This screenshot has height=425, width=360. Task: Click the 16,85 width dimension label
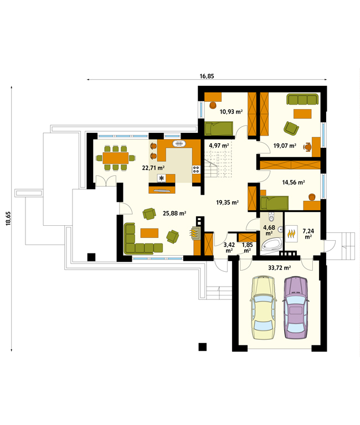point(207,76)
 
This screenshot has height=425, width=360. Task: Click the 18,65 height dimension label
point(8,219)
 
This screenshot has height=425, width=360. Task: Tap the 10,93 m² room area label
point(231,111)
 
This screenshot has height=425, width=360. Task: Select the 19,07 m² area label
point(285,146)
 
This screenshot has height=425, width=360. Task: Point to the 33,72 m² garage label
point(280,268)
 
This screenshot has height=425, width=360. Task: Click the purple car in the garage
point(296,307)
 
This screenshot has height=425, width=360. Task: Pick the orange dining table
point(115,158)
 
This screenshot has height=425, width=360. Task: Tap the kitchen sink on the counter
point(179,143)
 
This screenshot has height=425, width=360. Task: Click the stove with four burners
point(196,170)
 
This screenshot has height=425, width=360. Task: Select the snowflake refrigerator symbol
point(162,178)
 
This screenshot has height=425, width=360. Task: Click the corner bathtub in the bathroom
point(271,245)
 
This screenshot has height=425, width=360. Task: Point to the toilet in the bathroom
point(271,217)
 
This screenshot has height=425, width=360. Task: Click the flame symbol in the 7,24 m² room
point(291,234)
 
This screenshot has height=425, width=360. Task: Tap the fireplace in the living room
point(196,232)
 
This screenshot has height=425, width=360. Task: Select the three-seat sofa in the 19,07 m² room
point(302,99)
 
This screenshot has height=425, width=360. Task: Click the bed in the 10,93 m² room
point(219,128)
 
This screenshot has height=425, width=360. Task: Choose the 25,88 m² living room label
point(174,214)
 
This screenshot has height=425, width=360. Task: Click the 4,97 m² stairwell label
point(219,146)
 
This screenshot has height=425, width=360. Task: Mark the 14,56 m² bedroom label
point(294,183)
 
